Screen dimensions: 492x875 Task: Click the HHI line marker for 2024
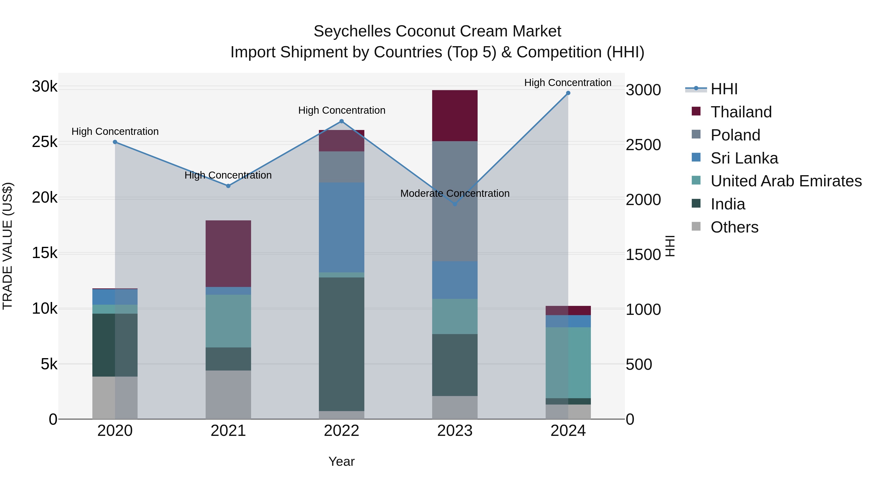point(568,93)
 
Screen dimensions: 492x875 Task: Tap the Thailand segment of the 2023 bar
point(455,115)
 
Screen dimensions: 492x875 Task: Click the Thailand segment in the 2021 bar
point(228,253)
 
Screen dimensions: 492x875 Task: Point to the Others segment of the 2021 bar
point(228,394)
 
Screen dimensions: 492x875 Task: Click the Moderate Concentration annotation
point(455,193)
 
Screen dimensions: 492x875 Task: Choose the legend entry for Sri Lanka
point(744,158)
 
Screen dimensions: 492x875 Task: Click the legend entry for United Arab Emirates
point(786,181)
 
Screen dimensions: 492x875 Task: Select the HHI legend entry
point(724,89)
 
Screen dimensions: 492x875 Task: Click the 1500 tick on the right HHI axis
point(643,255)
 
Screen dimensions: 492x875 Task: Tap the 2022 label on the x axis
point(341,431)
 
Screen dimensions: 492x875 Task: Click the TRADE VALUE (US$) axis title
point(8,246)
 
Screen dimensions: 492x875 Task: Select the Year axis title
point(341,461)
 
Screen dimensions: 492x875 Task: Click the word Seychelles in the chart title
point(352,31)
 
